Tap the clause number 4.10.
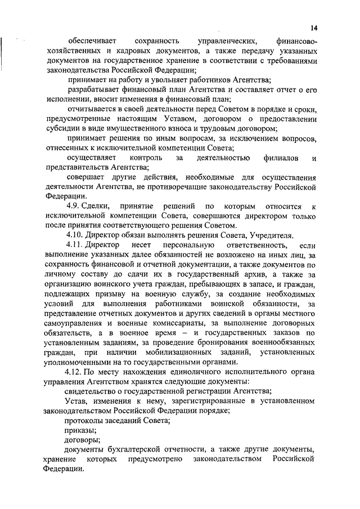[74, 235]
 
